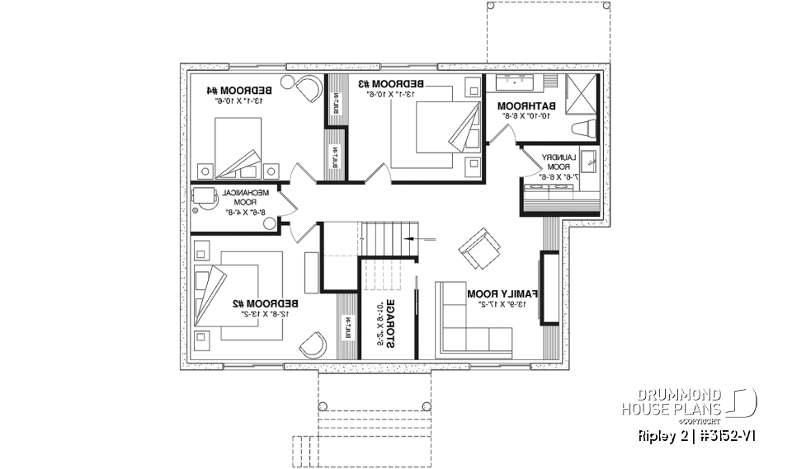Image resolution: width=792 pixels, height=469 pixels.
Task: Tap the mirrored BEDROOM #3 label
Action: [391, 83]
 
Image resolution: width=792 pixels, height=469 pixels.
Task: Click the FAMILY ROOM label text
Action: [502, 293]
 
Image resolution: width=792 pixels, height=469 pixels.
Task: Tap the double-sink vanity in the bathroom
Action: [521, 82]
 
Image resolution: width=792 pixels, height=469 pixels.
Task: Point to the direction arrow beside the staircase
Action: [425, 239]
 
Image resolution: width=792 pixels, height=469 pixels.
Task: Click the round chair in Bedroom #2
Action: [313, 344]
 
